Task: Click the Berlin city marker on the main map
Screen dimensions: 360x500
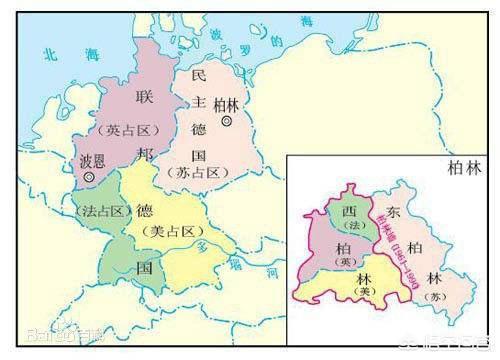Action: point(228,121)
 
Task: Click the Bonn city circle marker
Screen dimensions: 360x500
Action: point(92,176)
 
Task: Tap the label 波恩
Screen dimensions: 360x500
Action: point(92,159)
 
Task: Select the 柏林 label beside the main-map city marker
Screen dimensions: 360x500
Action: point(228,104)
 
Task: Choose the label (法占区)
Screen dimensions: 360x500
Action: point(102,211)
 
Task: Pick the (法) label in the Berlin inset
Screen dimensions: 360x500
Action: point(350,228)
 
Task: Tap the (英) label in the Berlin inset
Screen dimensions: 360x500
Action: point(344,262)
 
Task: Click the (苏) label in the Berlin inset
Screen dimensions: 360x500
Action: point(461,296)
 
